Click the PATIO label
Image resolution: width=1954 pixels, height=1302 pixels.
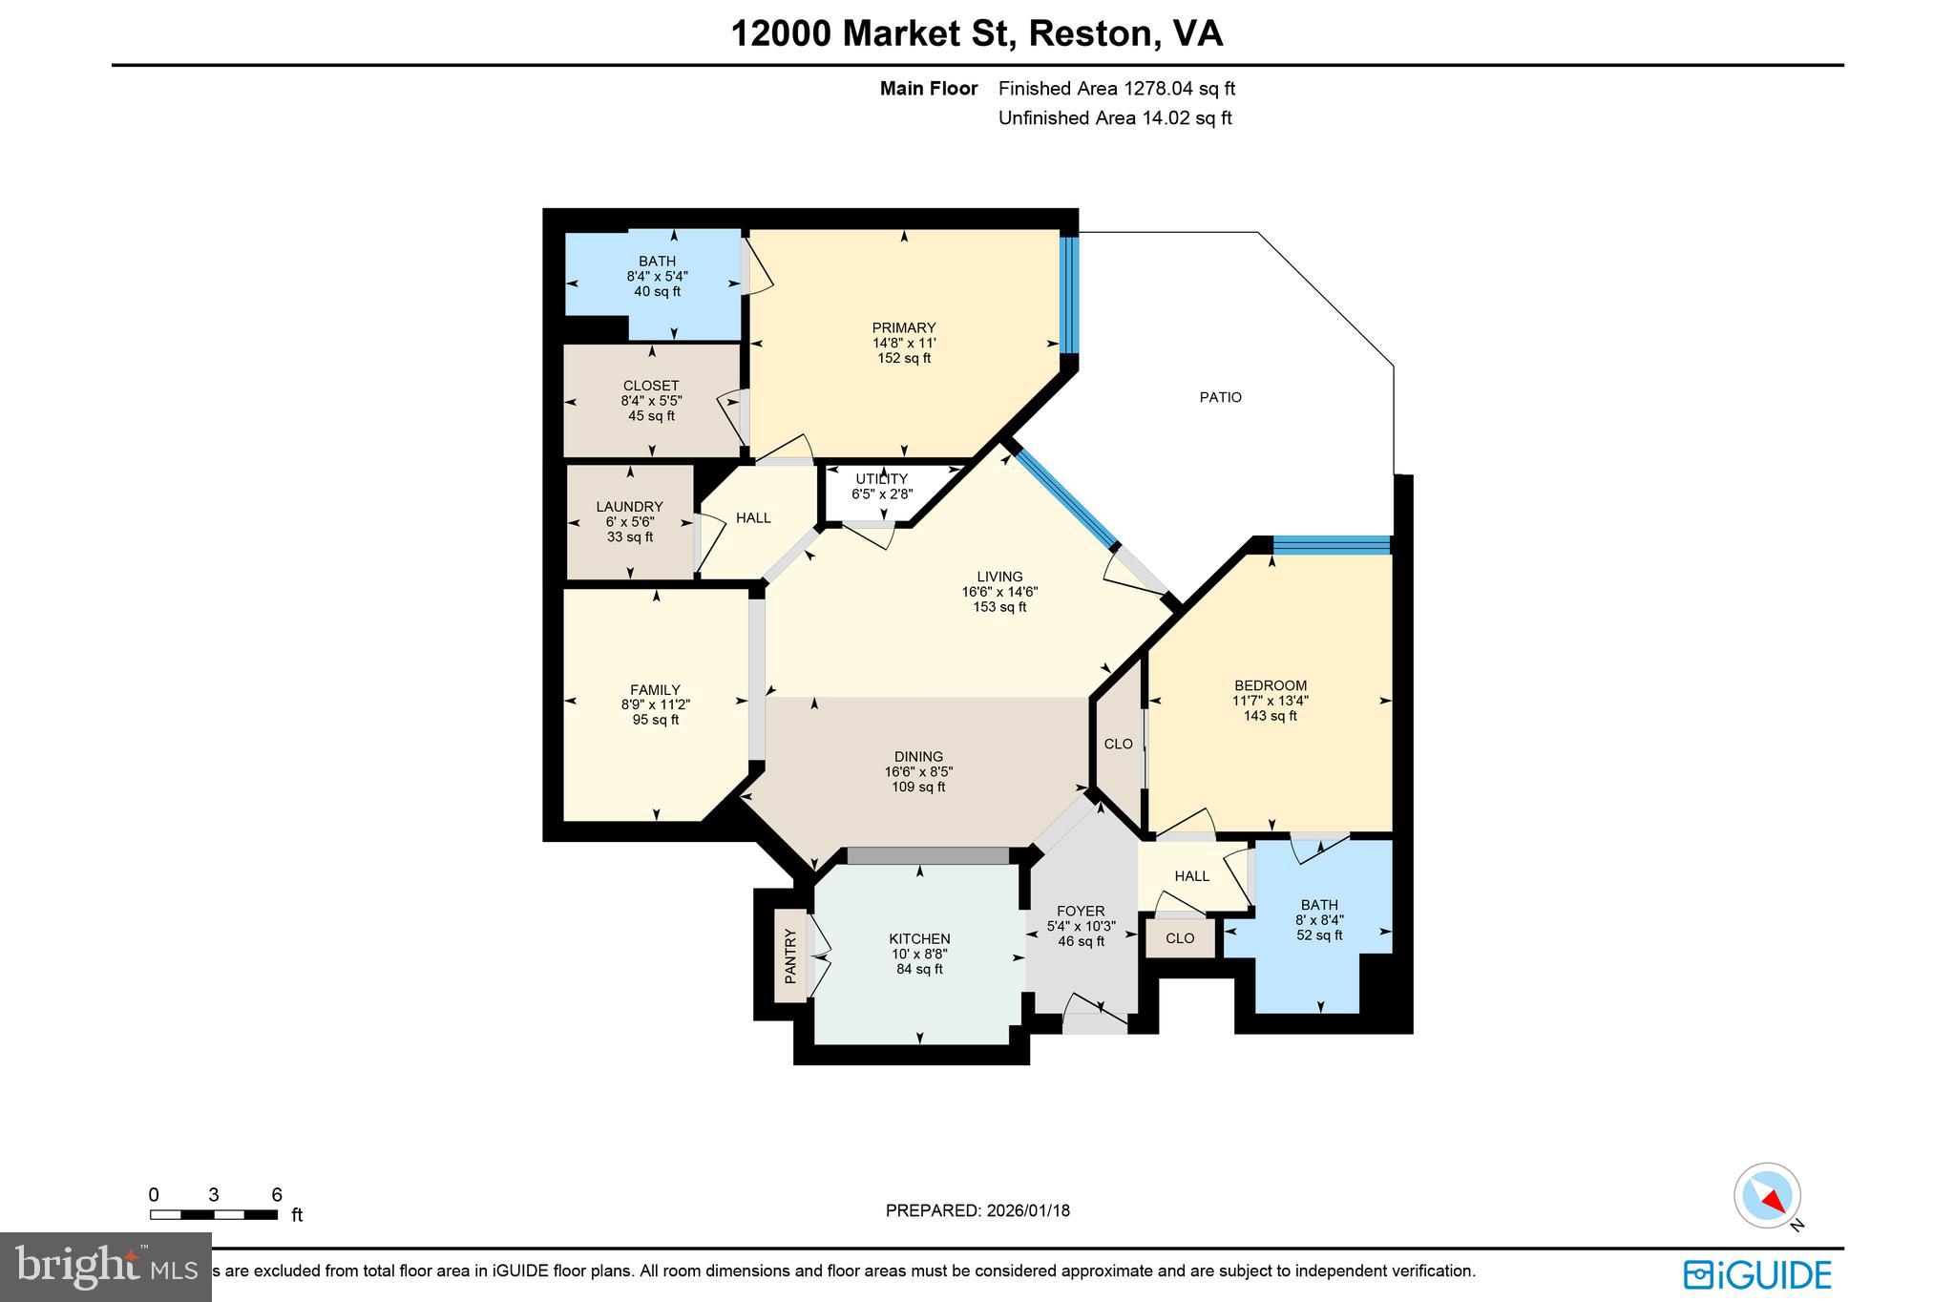click(1220, 397)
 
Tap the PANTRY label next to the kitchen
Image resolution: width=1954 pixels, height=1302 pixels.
click(790, 955)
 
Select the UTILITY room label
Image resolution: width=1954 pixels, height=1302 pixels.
click(881, 479)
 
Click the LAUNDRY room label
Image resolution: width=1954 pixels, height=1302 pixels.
click(629, 507)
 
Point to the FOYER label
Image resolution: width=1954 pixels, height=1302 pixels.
click(1081, 911)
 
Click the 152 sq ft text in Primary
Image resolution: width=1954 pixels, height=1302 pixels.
click(904, 359)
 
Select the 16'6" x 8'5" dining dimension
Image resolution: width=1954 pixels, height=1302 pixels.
click(918, 771)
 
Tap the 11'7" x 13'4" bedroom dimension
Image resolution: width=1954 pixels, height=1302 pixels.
click(1270, 701)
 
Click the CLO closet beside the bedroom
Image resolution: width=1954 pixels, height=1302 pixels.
click(1118, 744)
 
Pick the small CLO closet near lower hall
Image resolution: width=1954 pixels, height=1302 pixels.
click(1180, 938)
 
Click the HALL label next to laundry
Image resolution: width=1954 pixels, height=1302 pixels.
click(753, 518)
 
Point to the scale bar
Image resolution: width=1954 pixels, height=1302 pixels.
click(213, 1214)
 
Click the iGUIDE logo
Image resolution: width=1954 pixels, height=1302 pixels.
click(1756, 1275)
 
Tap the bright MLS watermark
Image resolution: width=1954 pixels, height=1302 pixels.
click(106, 1267)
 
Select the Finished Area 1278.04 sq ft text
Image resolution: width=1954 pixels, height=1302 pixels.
click(1116, 89)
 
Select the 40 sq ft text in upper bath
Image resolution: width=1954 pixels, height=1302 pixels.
click(657, 291)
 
